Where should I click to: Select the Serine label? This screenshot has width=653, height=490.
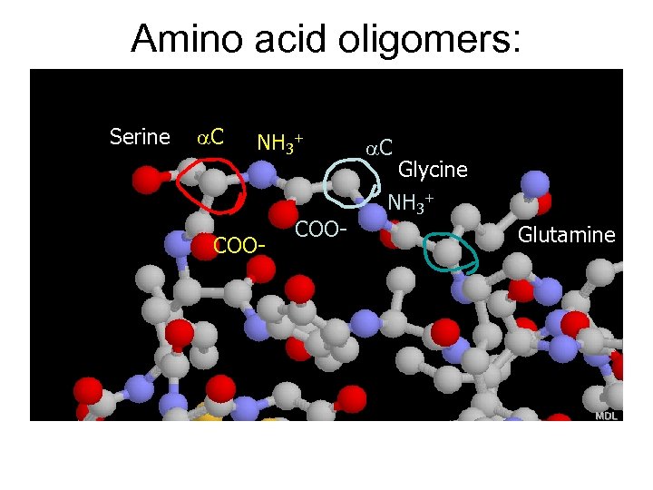tap(140, 137)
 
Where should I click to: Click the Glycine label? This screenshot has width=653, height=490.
tap(433, 170)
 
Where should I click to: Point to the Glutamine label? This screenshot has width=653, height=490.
tap(566, 236)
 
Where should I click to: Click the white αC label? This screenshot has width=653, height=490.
tap(378, 147)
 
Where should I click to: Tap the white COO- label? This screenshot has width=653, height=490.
tap(321, 229)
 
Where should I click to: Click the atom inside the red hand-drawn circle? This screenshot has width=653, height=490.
tap(214, 183)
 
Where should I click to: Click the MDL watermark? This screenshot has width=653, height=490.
tap(606, 415)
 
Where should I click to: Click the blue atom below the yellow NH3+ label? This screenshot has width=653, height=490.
tap(263, 172)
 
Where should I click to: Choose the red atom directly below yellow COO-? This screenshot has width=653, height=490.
tap(260, 269)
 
